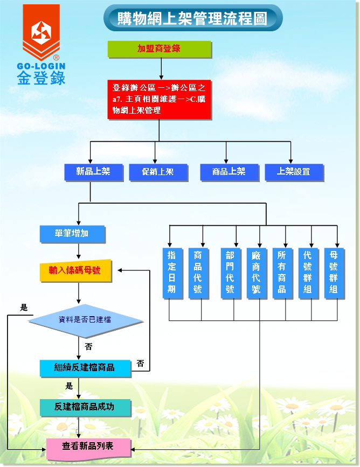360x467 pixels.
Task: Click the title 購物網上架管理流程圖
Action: tap(192, 19)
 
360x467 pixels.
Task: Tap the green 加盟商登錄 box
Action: tap(159, 49)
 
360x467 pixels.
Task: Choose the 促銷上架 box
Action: tap(157, 172)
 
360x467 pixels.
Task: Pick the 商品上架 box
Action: tap(229, 172)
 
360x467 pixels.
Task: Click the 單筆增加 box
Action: tap(72, 234)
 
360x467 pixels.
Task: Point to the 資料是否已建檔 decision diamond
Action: tap(85, 320)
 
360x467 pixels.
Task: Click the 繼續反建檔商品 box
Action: tap(85, 368)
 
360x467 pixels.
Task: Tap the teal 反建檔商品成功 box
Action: tap(85, 407)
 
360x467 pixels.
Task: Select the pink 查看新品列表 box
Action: tap(88, 447)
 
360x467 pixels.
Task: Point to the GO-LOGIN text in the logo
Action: tap(41, 66)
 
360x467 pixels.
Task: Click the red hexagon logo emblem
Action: tap(41, 34)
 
